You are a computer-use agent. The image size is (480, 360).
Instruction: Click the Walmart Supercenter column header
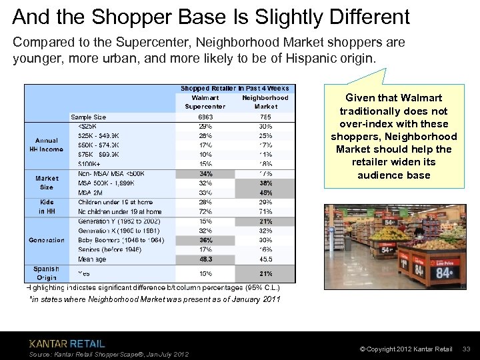205,102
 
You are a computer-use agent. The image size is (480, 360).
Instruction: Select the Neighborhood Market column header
265,102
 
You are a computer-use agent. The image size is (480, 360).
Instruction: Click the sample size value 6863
205,117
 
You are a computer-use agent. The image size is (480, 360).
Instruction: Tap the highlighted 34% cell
205,174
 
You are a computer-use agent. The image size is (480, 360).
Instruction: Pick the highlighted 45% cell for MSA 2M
265,193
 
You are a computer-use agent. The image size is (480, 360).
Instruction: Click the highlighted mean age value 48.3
205,259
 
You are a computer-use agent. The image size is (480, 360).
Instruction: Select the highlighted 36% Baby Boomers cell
205,240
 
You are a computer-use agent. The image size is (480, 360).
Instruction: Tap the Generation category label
47,240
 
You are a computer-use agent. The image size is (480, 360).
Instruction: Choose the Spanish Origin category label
47,273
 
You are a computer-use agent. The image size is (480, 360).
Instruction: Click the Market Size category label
47,183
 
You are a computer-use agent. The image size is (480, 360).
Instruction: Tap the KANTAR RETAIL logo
67,343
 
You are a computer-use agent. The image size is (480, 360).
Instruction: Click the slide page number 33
466,349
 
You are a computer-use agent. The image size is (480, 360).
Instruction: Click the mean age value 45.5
265,259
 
